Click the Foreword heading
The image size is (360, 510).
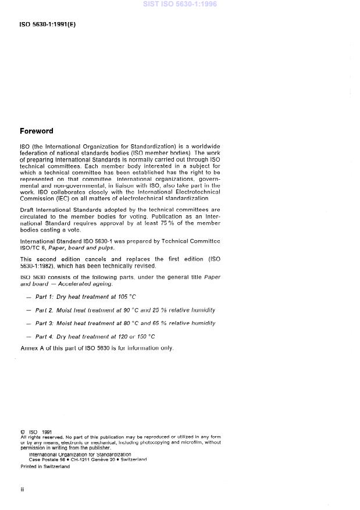click(x=36, y=131)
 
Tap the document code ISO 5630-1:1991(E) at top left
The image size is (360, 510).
click(x=48, y=24)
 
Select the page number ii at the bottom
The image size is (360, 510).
click(x=22, y=489)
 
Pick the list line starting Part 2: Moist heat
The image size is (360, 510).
click(x=125, y=310)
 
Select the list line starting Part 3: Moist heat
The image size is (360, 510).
click(x=125, y=323)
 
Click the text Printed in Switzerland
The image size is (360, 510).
click(x=45, y=466)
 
